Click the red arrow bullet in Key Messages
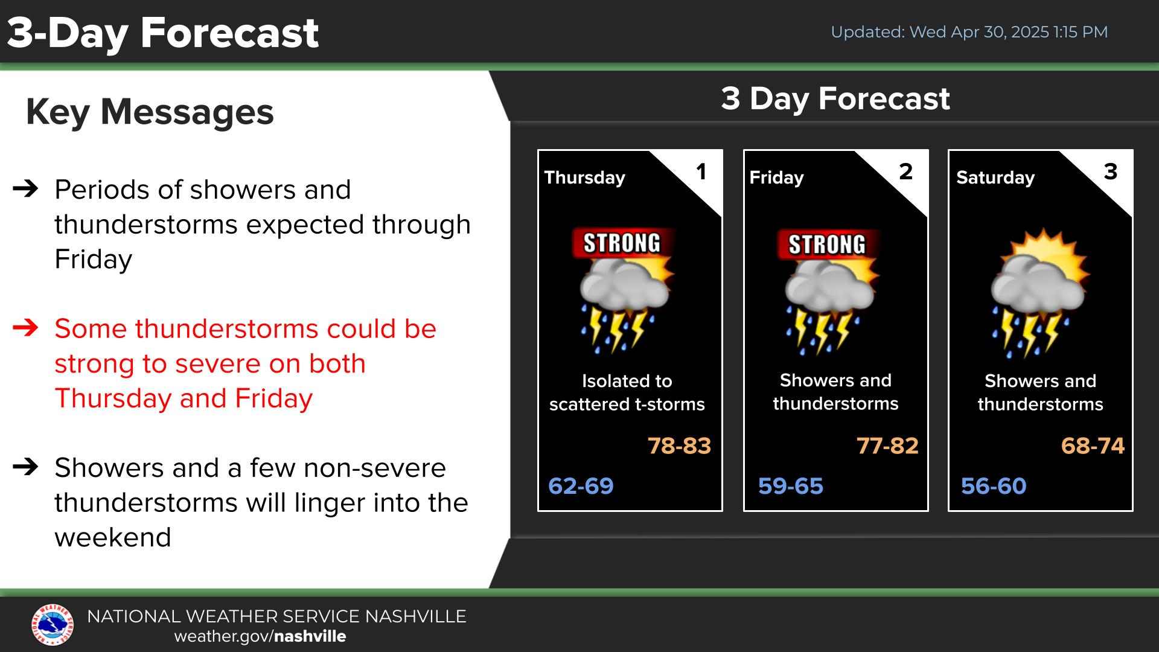coord(25,328)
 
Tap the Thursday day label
coord(584,178)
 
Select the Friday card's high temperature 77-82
coord(887,446)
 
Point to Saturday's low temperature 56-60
coord(994,486)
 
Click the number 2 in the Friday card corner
coord(905,172)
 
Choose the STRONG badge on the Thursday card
coord(622,243)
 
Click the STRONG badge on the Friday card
coord(827,245)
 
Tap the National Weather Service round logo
coord(53,625)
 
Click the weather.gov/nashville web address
coord(260,636)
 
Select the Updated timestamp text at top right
coord(969,32)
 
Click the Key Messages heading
coord(150,113)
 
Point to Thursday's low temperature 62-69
coord(581,486)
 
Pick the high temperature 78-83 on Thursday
coord(679,446)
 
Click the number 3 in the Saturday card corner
coord(1111,172)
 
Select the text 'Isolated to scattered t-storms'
coord(627,392)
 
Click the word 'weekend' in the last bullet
coord(113,537)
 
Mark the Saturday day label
coord(995,178)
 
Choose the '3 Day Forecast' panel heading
coord(835,99)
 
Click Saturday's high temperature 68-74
coord(1093,446)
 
